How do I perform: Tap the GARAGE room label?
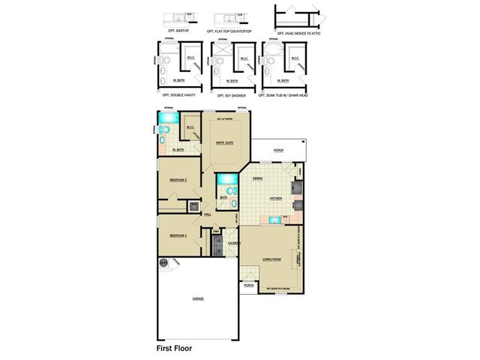(x=198, y=298)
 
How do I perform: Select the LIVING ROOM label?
(x=271, y=259)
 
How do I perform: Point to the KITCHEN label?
(x=276, y=198)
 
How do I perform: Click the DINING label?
(x=257, y=178)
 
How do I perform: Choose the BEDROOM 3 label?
(x=178, y=181)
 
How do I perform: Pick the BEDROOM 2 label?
(x=178, y=235)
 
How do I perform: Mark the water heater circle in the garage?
(x=163, y=262)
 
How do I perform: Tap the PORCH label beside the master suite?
(x=278, y=151)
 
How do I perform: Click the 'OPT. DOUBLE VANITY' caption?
(x=177, y=95)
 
